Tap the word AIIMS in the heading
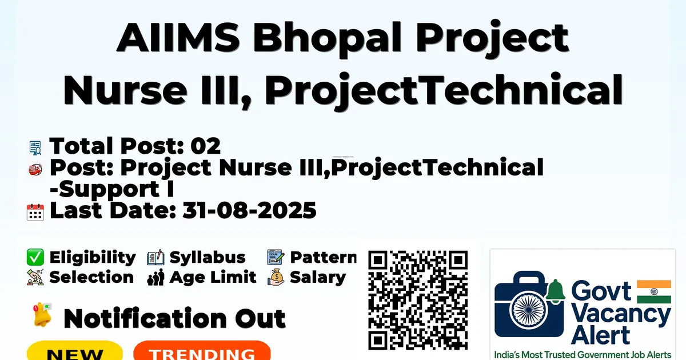(x=178, y=37)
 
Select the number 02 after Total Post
(x=205, y=146)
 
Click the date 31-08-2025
(x=249, y=210)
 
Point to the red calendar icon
(x=35, y=212)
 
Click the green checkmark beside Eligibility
(x=35, y=257)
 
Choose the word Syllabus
(x=208, y=258)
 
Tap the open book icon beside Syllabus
(x=155, y=258)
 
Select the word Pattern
(x=324, y=257)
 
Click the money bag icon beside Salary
(x=276, y=277)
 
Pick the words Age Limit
(x=213, y=277)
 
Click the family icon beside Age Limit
(x=155, y=277)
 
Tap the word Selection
(x=91, y=277)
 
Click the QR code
(x=418, y=300)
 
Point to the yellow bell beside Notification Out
(x=42, y=314)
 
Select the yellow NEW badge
(x=75, y=351)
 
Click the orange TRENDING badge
(x=202, y=351)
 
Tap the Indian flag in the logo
(x=654, y=292)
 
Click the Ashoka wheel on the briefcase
(x=529, y=310)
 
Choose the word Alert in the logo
(x=600, y=335)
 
